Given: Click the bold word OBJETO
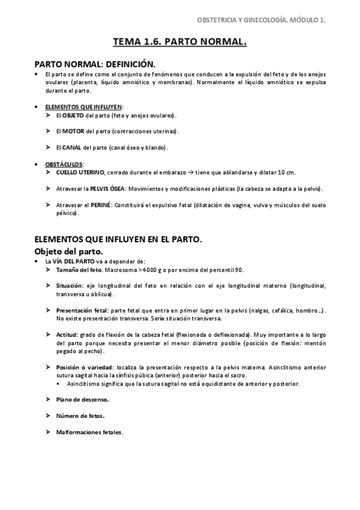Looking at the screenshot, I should click(73, 115).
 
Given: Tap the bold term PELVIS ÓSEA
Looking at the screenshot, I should click(108, 188).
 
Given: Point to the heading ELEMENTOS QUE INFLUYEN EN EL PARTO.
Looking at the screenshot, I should click(117, 239).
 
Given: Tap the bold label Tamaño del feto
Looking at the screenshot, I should click(79, 270).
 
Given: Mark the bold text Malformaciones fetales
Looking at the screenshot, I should click(89, 432).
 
